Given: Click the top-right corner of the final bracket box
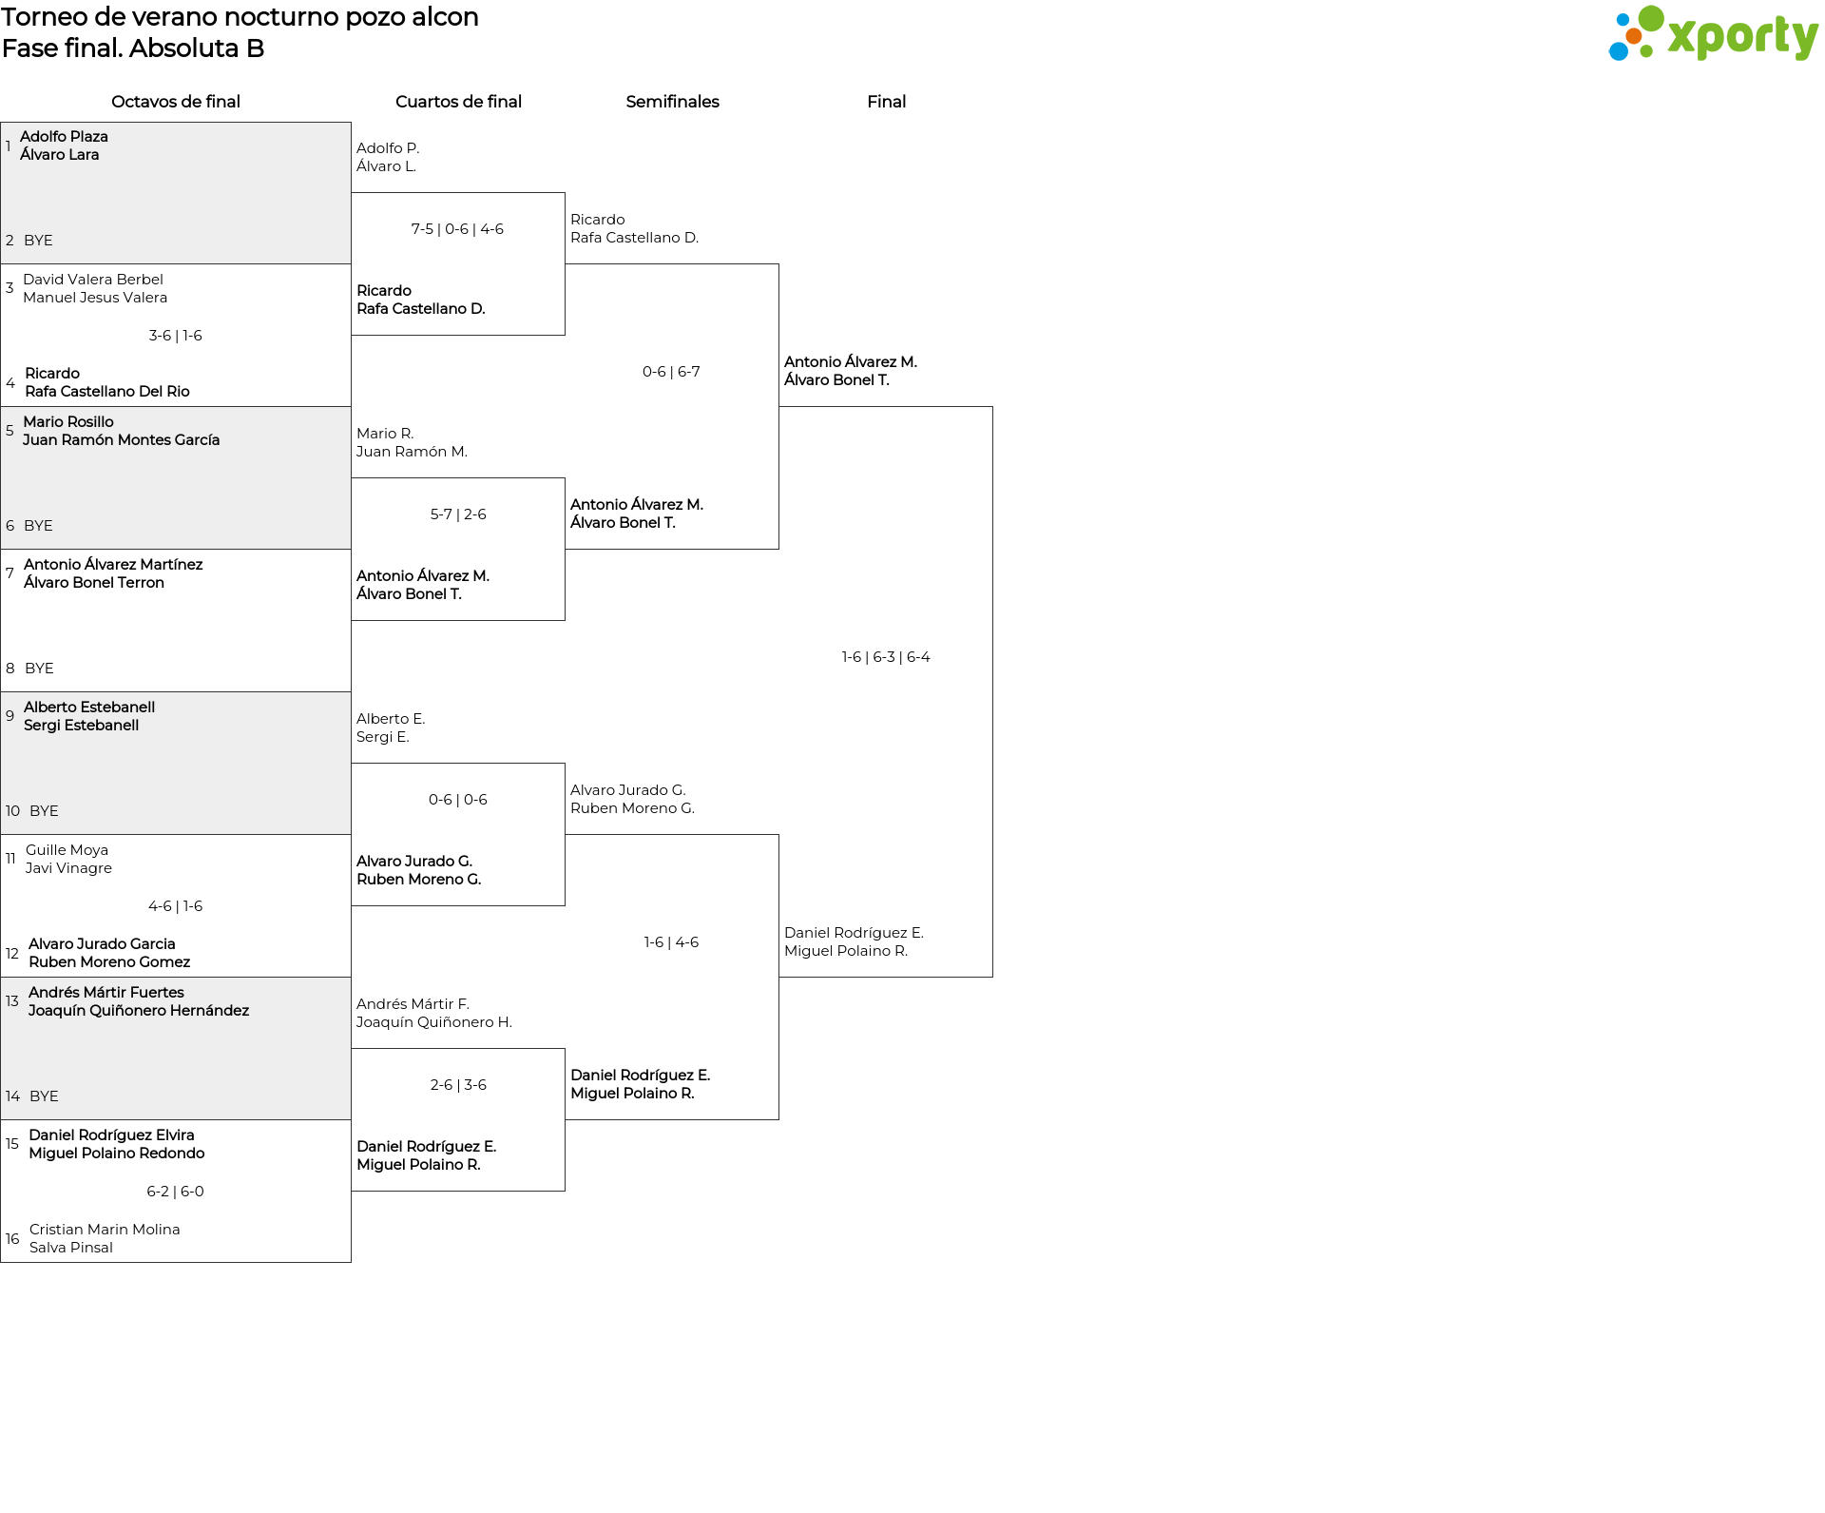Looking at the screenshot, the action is coord(992,407).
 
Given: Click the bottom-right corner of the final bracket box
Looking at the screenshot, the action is coord(992,977).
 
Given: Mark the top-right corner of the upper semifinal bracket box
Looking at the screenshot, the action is coord(778,264).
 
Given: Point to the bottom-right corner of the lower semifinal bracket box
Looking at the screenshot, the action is coord(778,1119).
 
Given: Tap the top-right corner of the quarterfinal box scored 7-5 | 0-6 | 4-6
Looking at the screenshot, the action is coord(565,193).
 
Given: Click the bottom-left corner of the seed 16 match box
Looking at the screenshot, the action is coord(1,1262).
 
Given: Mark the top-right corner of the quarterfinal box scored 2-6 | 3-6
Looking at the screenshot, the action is coord(565,1049).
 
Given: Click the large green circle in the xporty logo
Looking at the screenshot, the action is coord(1651,18).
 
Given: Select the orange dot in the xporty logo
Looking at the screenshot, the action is coord(1634,36).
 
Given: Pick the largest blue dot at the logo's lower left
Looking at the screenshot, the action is coord(1618,50).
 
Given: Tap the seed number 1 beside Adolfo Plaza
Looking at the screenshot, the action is coord(8,145).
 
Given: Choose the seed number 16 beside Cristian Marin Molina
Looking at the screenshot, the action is coord(12,1238).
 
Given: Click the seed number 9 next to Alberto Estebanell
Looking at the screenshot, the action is coord(10,715).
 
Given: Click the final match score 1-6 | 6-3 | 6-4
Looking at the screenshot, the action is coord(886,657).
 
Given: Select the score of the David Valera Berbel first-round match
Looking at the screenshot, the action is coord(176,336).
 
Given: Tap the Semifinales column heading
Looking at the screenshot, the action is coord(672,102).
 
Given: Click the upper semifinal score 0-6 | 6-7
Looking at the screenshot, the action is coord(671,372).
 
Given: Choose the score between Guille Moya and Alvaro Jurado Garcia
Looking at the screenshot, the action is coord(176,906).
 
